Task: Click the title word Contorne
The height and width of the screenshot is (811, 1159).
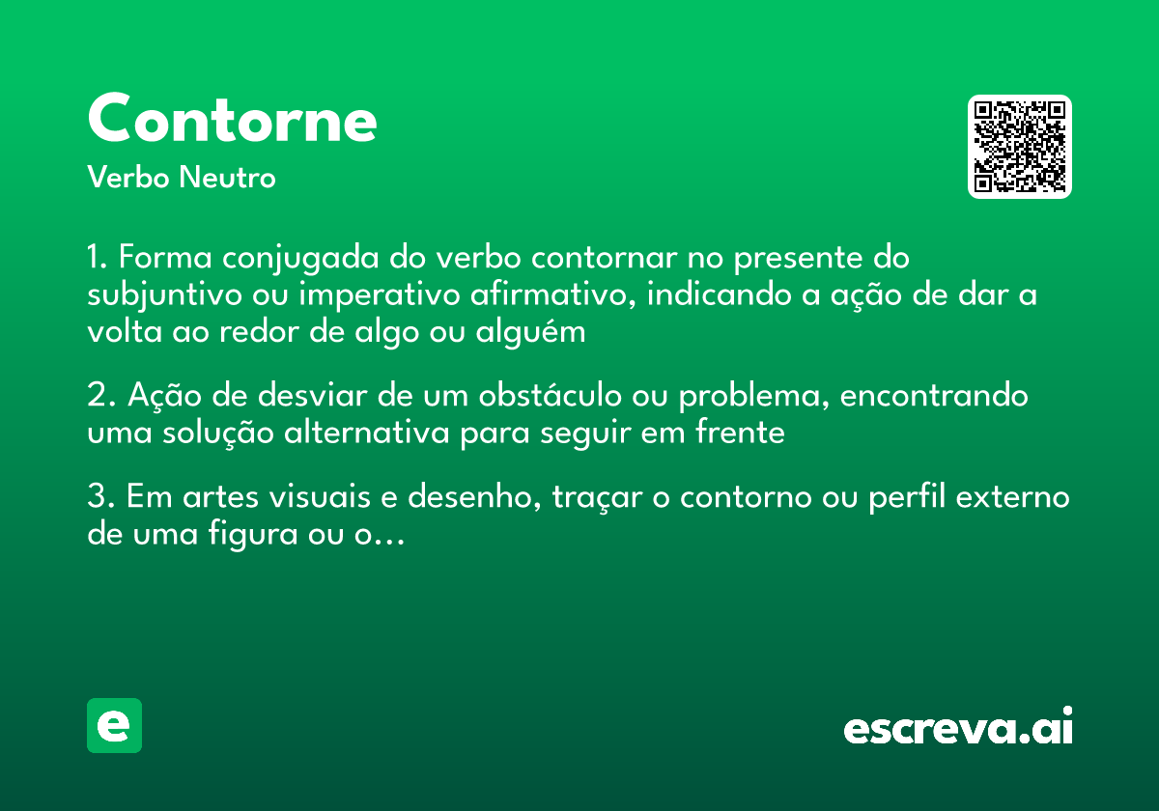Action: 232,119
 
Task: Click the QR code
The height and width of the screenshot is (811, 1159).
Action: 1020,147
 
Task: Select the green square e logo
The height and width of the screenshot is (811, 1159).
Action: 114,725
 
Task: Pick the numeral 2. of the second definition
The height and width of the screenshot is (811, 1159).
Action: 100,397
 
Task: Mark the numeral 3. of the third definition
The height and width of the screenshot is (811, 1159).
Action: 100,498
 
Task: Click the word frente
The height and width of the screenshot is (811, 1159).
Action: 740,433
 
